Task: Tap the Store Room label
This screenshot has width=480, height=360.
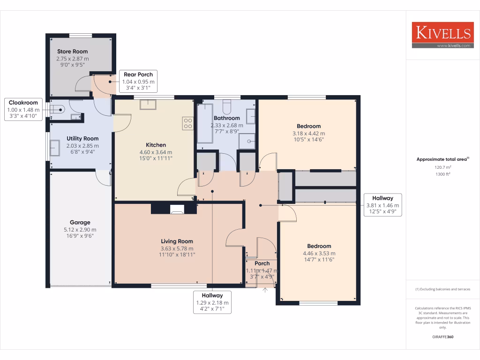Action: click(x=72, y=52)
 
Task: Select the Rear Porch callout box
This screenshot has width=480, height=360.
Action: click(x=138, y=81)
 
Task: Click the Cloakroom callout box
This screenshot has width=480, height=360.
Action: click(x=22, y=109)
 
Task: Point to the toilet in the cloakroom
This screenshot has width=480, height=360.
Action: click(x=58, y=109)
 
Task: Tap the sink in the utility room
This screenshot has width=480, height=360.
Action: click(x=54, y=149)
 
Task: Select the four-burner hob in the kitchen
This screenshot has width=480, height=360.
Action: click(x=188, y=123)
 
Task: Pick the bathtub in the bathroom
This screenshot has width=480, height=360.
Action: click(x=205, y=123)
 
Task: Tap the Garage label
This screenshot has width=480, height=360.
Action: click(x=80, y=223)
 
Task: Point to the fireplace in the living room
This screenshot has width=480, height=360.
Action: click(x=177, y=209)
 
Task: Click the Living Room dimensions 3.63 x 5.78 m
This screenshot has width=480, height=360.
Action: click(x=177, y=248)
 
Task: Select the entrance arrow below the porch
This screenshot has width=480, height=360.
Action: click(x=266, y=290)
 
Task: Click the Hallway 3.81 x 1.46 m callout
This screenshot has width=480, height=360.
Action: click(x=382, y=205)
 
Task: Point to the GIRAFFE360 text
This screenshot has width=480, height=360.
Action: click(x=442, y=337)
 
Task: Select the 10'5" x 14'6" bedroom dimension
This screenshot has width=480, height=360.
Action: click(x=308, y=140)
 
